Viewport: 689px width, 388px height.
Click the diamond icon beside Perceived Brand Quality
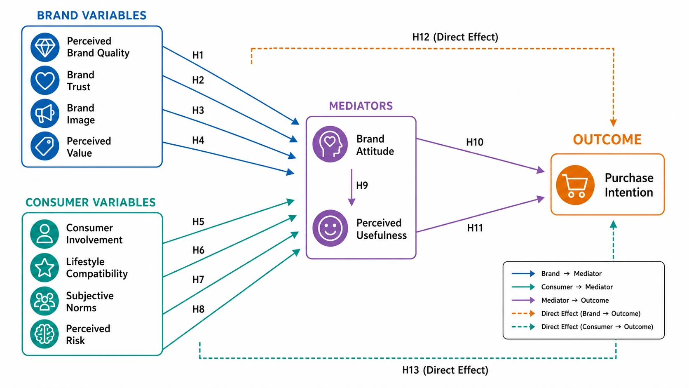[x=45, y=47]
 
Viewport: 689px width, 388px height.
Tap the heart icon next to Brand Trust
[x=45, y=80]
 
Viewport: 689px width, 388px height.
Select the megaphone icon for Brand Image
[x=45, y=113]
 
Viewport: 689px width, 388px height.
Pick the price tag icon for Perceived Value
[x=45, y=146]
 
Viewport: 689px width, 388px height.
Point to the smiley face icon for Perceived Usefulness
[x=330, y=228]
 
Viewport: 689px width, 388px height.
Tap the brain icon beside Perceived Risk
[x=45, y=334]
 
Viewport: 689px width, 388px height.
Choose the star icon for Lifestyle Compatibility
[x=45, y=268]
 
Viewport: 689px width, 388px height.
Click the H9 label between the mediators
[x=362, y=185]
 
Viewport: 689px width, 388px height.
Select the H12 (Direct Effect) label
[x=455, y=37]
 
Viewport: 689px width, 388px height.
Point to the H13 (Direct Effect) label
[x=445, y=370]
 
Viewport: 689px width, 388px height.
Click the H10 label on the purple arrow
[x=475, y=142]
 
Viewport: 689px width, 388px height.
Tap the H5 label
[x=198, y=221]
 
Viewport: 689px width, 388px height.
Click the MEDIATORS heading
[x=361, y=106]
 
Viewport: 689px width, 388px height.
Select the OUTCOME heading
[x=607, y=139]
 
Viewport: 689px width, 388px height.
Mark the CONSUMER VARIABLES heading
[x=90, y=202]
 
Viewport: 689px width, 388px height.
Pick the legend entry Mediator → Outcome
[x=575, y=300]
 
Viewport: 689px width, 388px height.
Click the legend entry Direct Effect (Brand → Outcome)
[x=591, y=313]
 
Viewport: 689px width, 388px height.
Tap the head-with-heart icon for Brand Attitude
[x=330, y=144]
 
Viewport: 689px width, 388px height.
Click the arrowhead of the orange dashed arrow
[x=613, y=122]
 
